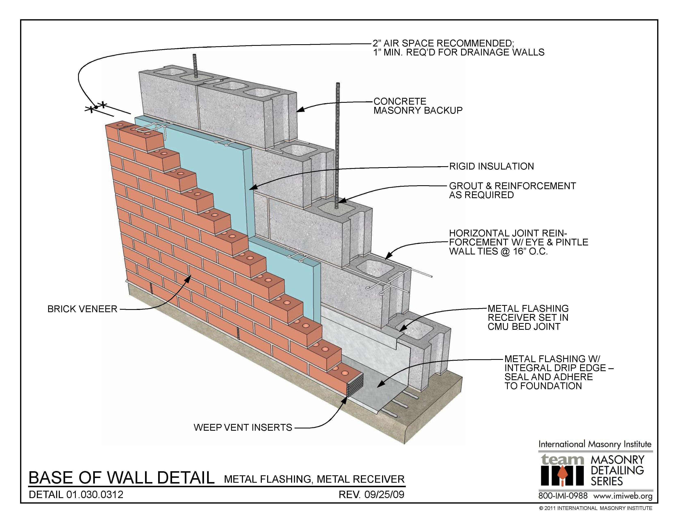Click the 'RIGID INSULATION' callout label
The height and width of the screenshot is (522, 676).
491,166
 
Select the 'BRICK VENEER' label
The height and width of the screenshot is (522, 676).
82,309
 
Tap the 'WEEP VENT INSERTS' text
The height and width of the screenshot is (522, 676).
243,427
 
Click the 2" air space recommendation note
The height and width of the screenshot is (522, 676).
458,48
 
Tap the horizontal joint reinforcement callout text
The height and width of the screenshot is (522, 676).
518,242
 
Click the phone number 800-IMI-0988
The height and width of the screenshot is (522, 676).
563,496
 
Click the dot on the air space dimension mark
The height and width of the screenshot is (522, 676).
96,107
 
